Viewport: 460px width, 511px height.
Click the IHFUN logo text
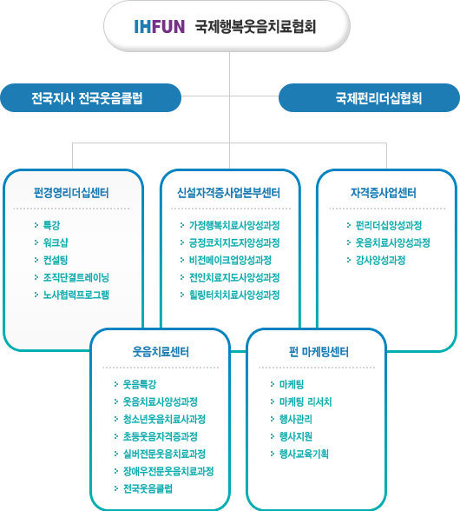159,27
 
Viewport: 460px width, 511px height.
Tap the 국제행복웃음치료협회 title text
255,27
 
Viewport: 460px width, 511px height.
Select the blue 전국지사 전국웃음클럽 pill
90,97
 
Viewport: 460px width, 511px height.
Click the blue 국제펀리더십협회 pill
369,97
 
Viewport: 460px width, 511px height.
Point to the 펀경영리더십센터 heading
71,193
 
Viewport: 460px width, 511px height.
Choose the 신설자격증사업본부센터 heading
228,193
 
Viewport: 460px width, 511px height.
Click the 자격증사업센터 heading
383,193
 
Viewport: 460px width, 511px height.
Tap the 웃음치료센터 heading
161,352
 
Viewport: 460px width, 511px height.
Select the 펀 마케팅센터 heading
319,352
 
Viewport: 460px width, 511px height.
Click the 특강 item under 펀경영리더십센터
52,225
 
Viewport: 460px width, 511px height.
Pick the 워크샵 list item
56,242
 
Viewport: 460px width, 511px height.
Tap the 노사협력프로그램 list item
76,295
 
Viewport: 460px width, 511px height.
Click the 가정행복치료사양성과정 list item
234,225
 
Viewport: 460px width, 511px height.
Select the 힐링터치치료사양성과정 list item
234,295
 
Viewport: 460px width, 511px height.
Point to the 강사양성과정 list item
380,260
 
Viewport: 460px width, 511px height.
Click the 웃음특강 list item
140,384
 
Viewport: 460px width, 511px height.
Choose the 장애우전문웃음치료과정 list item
168,471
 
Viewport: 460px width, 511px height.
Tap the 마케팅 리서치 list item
306,401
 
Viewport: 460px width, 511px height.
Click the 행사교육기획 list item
304,454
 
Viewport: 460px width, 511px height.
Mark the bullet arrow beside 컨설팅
36,260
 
